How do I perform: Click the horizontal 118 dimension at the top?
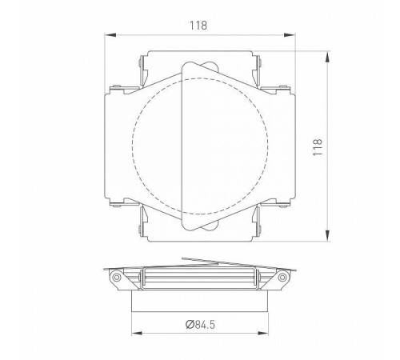point(200,25)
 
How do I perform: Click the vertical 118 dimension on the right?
point(319,146)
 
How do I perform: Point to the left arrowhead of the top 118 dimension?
point(110,34)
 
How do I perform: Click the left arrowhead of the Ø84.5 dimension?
point(134,334)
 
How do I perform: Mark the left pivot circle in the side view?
point(118,278)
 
